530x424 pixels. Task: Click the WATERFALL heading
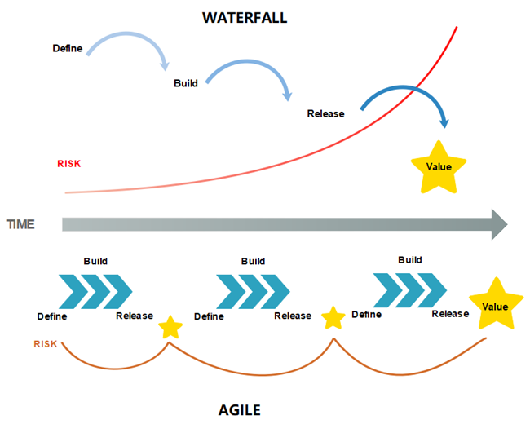[245, 17]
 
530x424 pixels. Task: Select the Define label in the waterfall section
[68, 48]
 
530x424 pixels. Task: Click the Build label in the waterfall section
[186, 83]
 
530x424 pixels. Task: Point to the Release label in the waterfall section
[325, 113]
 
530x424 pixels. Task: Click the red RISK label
[68, 163]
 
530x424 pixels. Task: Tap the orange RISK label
[46, 344]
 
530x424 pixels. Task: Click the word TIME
[20, 224]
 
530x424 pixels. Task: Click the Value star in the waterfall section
[439, 167]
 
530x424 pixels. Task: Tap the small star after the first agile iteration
[170, 328]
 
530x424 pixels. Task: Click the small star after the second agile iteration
[333, 318]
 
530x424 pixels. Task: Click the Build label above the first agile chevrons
[95, 261]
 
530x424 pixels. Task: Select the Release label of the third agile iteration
[450, 314]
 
